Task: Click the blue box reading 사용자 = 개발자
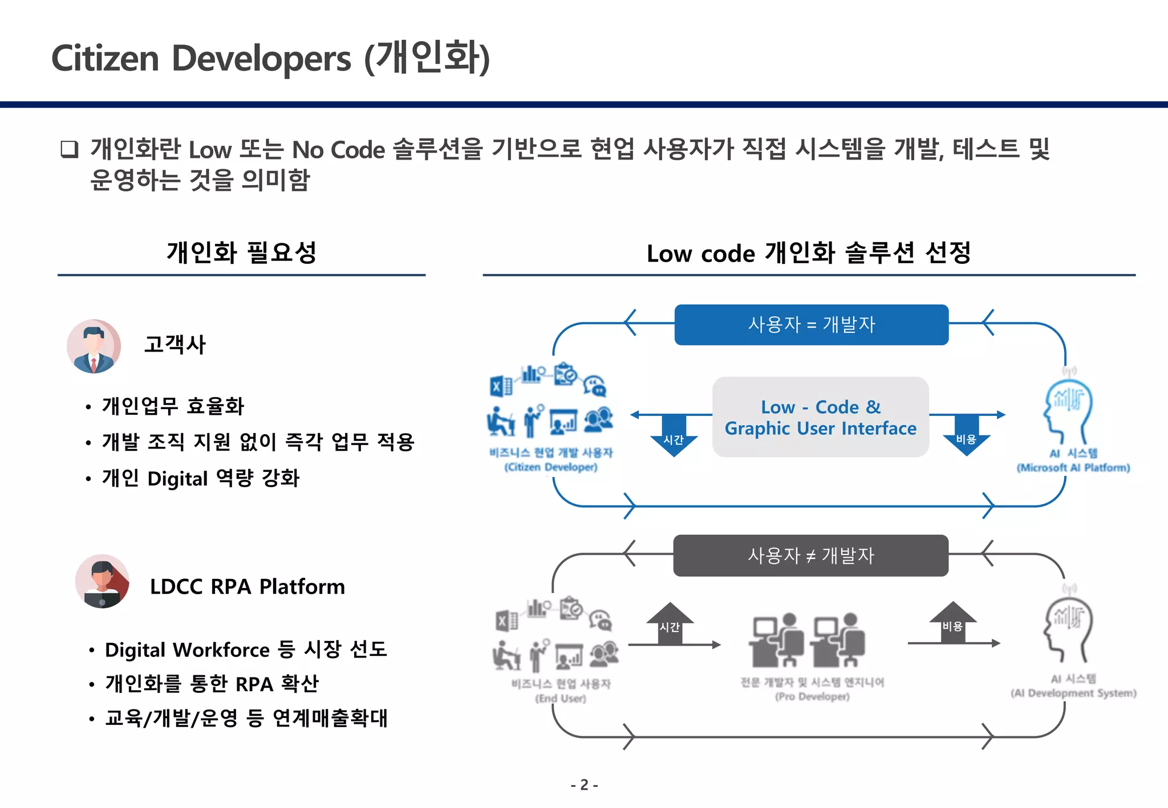point(811,325)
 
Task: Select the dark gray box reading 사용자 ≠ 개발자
point(810,556)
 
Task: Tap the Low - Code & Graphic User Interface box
point(820,417)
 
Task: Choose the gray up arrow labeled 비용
point(952,623)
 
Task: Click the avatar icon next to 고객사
point(94,346)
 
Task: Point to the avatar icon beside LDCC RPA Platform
point(102,581)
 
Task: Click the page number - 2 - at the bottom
point(584,785)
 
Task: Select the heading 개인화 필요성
point(241,252)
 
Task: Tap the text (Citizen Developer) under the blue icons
point(550,467)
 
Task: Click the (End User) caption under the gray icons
point(560,698)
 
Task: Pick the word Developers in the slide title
point(261,59)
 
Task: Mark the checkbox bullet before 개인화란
point(70,149)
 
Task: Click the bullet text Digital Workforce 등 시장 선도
point(245,650)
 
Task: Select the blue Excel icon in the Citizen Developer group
point(501,386)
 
